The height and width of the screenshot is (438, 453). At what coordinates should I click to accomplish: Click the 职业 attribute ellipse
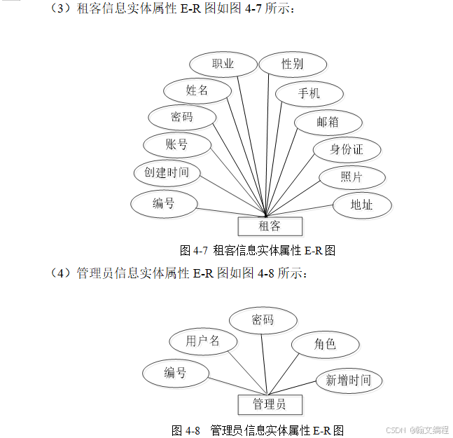click(x=223, y=65)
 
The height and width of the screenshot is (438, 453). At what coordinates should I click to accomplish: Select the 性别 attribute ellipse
click(x=293, y=64)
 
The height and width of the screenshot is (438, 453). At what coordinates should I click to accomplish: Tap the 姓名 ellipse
click(x=197, y=90)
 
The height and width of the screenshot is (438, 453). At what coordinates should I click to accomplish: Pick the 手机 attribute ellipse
click(x=309, y=93)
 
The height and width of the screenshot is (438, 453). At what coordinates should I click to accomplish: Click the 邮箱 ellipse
click(x=328, y=122)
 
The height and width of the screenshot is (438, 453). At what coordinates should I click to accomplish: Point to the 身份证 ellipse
click(x=347, y=149)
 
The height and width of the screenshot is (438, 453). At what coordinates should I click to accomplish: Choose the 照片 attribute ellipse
click(x=351, y=177)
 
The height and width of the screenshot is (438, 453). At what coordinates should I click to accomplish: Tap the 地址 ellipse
click(x=361, y=205)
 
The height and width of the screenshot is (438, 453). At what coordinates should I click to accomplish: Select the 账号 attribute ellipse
click(x=176, y=144)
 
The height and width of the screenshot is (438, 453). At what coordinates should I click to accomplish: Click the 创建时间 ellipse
click(x=167, y=172)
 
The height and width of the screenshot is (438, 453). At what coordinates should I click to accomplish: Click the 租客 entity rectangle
click(x=270, y=226)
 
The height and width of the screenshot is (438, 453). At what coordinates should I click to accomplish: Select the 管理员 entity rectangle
click(x=269, y=404)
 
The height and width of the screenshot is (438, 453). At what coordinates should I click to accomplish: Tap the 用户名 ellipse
click(x=202, y=341)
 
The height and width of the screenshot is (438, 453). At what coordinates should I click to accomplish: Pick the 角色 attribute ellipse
click(x=325, y=344)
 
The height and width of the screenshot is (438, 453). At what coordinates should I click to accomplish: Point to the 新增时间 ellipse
click(x=348, y=381)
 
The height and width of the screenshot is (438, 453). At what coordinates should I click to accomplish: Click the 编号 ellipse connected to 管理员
click(x=175, y=373)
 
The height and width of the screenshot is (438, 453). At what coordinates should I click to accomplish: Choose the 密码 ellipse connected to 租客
click(x=182, y=116)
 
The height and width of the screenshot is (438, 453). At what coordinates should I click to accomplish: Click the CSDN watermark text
click(x=396, y=429)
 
